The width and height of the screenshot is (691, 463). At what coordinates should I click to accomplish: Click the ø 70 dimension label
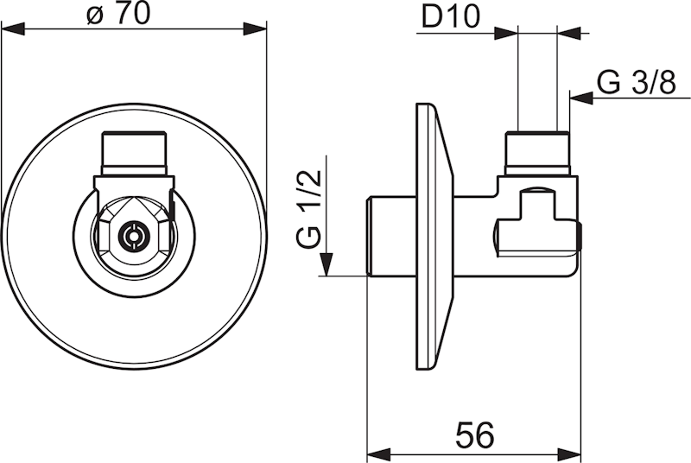118,14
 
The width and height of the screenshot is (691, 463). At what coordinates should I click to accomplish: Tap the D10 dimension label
450,18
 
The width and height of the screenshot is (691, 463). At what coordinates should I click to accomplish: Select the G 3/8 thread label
636,82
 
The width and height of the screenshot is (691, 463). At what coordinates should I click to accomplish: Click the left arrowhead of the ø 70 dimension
13,30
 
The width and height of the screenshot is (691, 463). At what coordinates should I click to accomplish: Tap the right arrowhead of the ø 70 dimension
255,30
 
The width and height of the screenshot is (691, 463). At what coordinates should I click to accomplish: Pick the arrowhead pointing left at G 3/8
581,98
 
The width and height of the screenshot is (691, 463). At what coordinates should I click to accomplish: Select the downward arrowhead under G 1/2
326,264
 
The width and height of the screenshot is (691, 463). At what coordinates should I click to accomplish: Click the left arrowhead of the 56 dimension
379,453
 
